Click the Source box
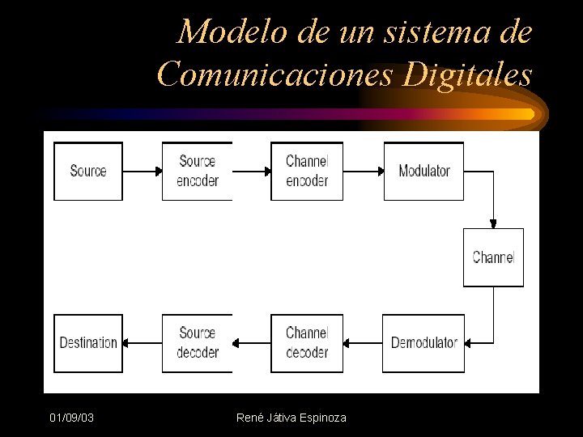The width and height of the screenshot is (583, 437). coord(88,171)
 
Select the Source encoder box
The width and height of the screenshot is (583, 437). coord(197,171)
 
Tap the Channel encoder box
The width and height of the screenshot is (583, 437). coord(306,171)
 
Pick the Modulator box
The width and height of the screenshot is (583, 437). coord(423,171)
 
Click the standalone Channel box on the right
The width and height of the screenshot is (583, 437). coord(493,257)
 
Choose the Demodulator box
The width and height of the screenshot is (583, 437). coord(423,343)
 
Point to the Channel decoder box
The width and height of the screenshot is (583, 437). coord(306,343)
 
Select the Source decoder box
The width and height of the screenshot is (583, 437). coord(197,343)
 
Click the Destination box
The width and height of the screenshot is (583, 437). coord(88,343)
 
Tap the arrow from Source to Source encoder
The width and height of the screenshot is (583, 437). coord(143,172)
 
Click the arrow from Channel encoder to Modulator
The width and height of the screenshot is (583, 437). coord(363,172)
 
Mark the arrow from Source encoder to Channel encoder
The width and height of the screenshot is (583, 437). coord(251,172)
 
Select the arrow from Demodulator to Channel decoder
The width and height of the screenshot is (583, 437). coord(363,343)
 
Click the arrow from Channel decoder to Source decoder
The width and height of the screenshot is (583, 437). coord(251,343)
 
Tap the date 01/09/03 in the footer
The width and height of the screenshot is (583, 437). coord(71,418)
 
